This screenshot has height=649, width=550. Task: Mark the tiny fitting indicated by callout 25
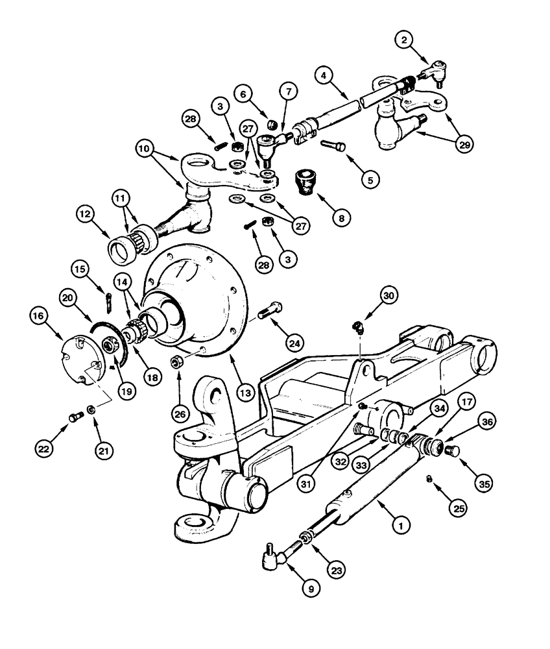429,479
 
